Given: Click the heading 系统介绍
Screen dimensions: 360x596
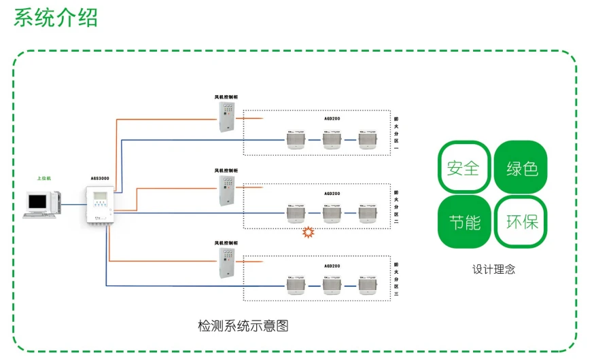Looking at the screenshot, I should click(x=56, y=17).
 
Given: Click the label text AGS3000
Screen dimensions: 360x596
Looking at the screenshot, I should click(x=99, y=179).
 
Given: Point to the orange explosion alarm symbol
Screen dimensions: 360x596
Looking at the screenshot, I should click(x=309, y=232).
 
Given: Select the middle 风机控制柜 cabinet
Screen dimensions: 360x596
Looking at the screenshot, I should click(x=226, y=191).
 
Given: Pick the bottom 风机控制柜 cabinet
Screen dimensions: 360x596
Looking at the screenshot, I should click(x=226, y=264).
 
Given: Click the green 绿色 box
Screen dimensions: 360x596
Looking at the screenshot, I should click(x=521, y=167).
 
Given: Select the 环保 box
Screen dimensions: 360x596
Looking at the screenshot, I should click(x=521, y=221).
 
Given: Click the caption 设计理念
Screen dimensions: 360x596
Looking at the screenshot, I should click(x=493, y=269).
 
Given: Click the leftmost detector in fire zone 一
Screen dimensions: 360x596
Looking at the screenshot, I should click(x=296, y=139).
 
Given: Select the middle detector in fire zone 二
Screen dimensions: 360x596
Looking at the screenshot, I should click(x=332, y=213).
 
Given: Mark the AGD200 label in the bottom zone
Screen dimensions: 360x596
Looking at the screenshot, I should click(x=332, y=266).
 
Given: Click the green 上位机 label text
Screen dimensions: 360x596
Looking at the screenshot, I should click(x=44, y=178).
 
